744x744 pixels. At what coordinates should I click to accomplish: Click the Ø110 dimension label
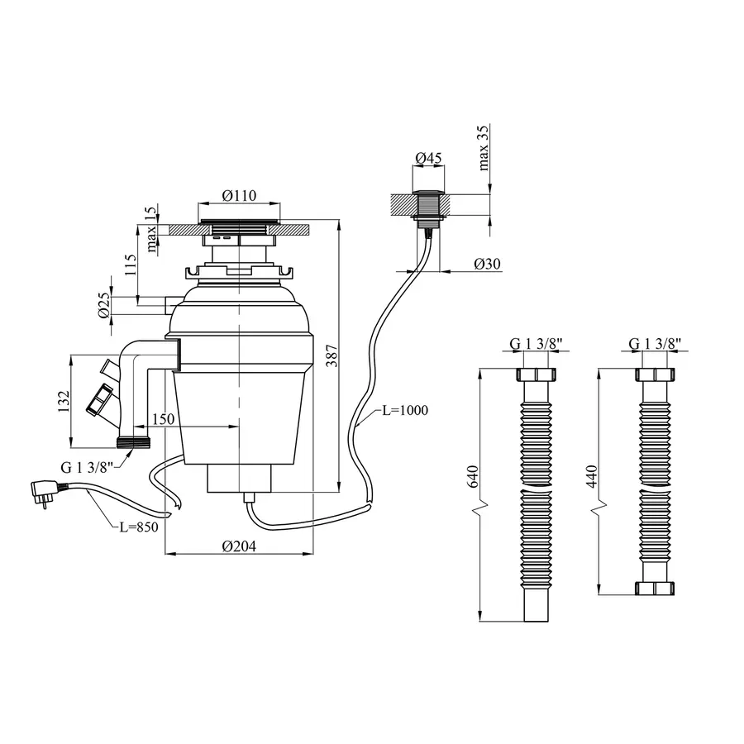point(240,196)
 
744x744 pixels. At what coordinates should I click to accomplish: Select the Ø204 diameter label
point(239,546)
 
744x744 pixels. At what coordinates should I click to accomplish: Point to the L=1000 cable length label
point(404,411)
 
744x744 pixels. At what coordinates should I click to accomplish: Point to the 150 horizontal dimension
point(163,420)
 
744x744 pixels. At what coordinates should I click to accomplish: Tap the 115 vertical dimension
point(130,265)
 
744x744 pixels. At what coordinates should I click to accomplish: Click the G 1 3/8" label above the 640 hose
point(535,344)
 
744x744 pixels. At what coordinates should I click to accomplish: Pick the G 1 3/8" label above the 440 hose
point(656,344)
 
